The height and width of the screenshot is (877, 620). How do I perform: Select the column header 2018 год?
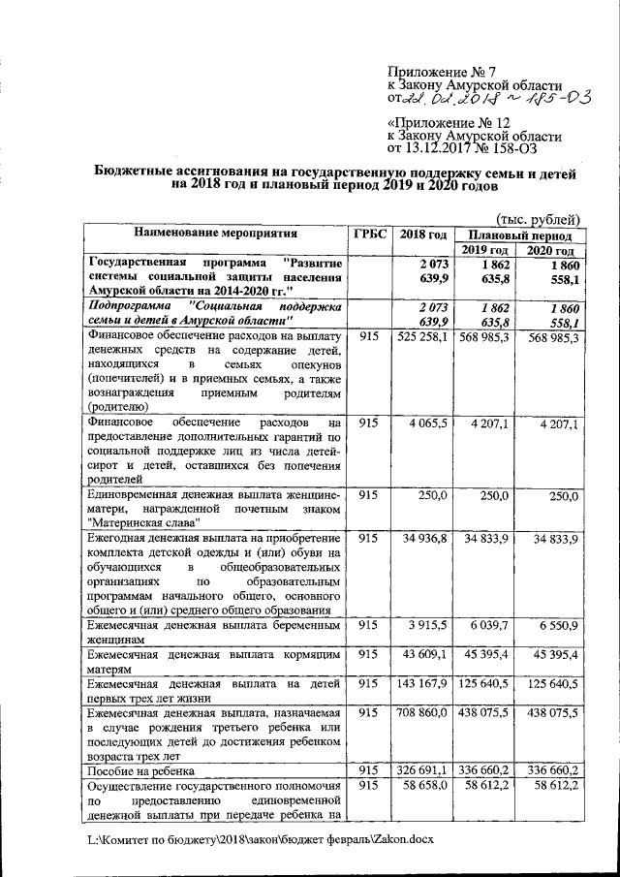(x=423, y=235)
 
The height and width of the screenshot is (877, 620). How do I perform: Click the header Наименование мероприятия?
(x=215, y=234)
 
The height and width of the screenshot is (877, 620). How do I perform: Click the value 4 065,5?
(x=427, y=423)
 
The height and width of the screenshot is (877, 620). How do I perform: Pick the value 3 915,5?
(x=427, y=625)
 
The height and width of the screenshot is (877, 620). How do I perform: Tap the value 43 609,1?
(x=425, y=654)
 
